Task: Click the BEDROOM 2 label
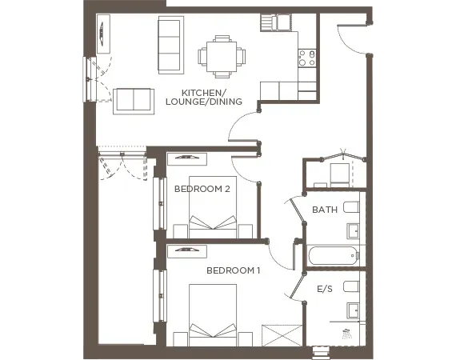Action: [x=202, y=189]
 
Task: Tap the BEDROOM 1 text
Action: [x=234, y=270]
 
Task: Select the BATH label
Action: [x=324, y=210]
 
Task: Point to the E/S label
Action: [x=324, y=289]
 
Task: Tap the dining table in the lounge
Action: [x=219, y=54]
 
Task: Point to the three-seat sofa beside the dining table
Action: [x=170, y=44]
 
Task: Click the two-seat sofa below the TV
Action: [x=132, y=99]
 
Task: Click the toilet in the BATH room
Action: [x=350, y=207]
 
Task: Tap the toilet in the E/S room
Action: [x=350, y=286]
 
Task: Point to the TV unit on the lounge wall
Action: [x=103, y=34]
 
